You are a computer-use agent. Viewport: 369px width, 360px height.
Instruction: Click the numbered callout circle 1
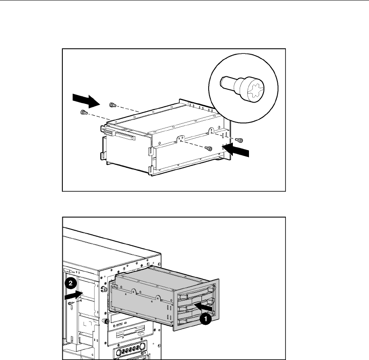point(205,319)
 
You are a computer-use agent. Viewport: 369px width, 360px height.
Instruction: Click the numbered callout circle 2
point(70,283)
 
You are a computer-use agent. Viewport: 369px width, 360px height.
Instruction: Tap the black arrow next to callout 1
point(203,307)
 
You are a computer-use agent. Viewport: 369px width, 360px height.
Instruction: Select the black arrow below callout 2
point(74,295)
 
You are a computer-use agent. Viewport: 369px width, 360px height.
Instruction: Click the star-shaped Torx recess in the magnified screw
point(255,90)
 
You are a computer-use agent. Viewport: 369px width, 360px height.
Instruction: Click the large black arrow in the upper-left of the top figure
point(87,100)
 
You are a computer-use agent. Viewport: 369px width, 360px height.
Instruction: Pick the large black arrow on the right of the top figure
point(235,150)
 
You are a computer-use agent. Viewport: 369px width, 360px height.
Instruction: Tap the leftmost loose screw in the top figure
point(84,112)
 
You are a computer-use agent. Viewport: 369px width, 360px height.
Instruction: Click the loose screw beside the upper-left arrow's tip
point(113,105)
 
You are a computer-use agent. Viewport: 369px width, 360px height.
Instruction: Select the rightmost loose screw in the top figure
point(240,140)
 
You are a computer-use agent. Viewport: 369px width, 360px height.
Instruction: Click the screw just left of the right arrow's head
point(209,148)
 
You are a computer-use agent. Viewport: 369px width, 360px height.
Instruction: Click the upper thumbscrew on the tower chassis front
point(103,288)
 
